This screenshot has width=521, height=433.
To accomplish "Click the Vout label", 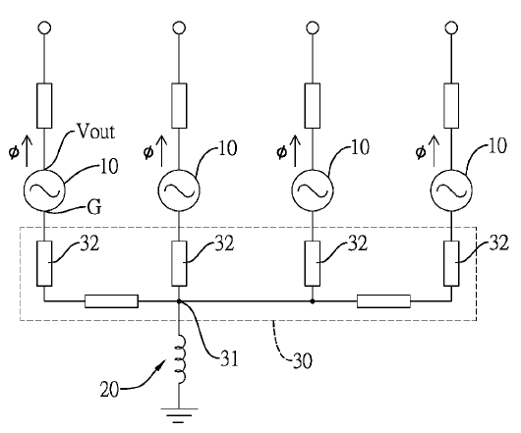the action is pos(96,132).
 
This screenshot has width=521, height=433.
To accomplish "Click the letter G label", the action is pos(94,207).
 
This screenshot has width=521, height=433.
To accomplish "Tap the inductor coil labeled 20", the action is pos(181,359).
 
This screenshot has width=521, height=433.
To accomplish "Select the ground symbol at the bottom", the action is pos(179,415).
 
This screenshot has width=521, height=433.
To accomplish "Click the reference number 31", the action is pos(229,358).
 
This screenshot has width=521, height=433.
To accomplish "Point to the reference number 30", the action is pos(303,360).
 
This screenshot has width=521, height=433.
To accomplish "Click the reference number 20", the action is pos(109,390).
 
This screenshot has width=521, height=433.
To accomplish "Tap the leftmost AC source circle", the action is pos(44,190).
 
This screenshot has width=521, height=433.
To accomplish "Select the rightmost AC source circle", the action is pos(451,190).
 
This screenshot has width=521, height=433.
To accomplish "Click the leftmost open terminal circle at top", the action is pos(44,27).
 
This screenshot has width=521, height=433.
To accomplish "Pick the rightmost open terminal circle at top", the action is pos(451,27).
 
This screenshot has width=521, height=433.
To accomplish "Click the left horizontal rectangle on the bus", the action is pos(111,301).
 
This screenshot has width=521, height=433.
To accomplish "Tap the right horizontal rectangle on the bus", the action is pos(383,301).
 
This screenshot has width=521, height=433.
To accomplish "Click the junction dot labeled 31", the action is pos(179,301).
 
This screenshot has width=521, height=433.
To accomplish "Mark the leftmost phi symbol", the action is pos(14,152).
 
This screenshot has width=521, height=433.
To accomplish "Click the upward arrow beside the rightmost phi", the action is pos(434,151).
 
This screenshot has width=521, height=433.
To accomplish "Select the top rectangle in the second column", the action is pos(179,106).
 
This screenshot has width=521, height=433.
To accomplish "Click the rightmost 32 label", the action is pos(498,243).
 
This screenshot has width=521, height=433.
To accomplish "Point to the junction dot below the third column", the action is pos(313,301).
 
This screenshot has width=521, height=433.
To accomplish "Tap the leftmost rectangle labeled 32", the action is pos(44,263).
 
